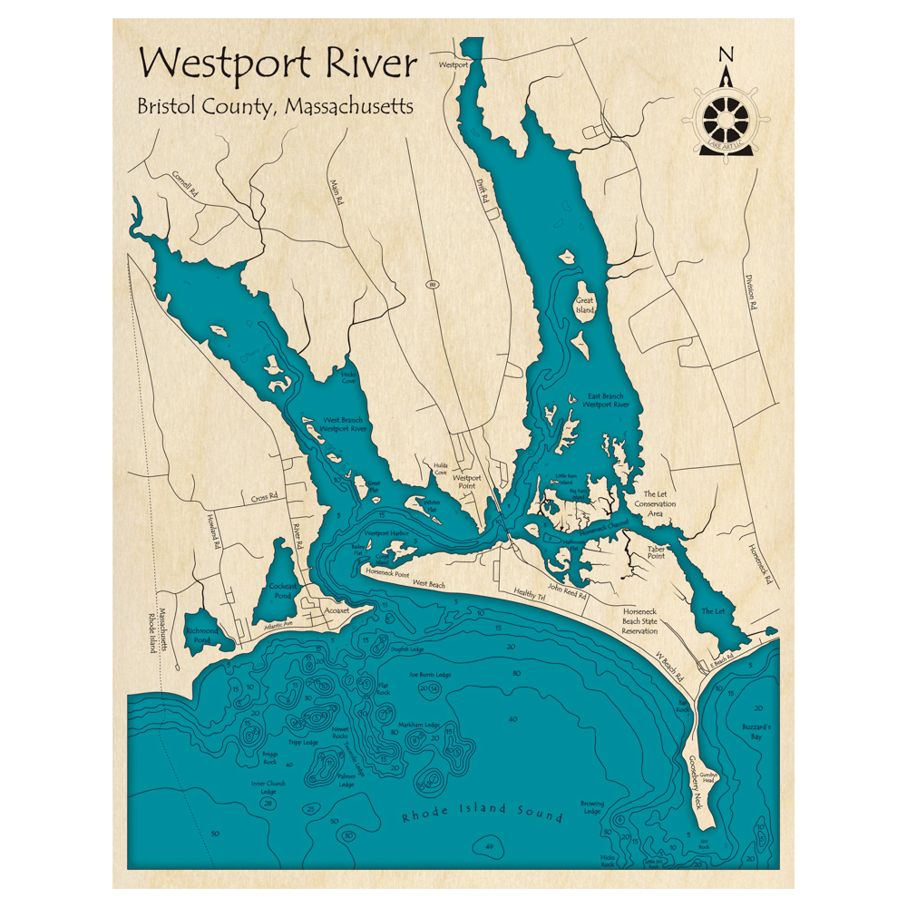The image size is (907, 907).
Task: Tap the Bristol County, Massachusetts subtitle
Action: point(275,106)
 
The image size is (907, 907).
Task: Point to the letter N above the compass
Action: point(726,54)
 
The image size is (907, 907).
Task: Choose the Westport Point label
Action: point(467,482)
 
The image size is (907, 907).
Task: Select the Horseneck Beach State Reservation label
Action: point(639,621)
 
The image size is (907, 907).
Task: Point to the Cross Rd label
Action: point(264,497)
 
